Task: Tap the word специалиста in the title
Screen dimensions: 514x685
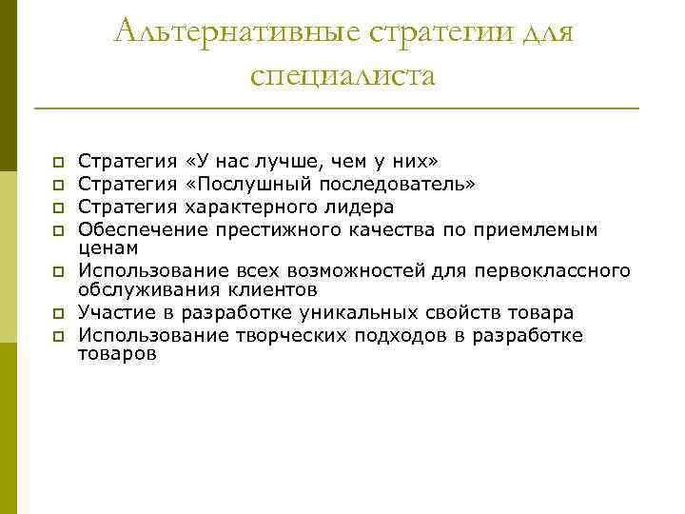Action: coord(343,74)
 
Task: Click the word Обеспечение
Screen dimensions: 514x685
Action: coord(134,228)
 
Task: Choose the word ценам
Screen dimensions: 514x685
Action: coord(108,247)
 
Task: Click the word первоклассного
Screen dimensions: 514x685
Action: coord(554,271)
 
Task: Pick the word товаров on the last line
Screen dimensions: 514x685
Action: coord(117,354)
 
